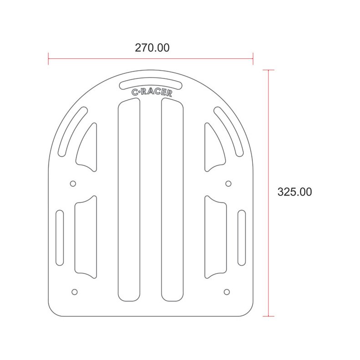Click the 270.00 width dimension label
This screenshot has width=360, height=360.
click(152, 48)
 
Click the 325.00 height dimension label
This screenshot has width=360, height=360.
click(294, 192)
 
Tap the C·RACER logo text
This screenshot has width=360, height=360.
click(152, 92)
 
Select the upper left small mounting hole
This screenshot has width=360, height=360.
click(73, 184)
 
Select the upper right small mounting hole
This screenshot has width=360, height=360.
click(228, 184)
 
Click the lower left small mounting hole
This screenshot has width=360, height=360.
click(74, 292)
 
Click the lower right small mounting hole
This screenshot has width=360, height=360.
click(226, 292)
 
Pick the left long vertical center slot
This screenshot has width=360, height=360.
click(129, 200)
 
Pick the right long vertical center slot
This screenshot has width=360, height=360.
click(172, 200)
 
